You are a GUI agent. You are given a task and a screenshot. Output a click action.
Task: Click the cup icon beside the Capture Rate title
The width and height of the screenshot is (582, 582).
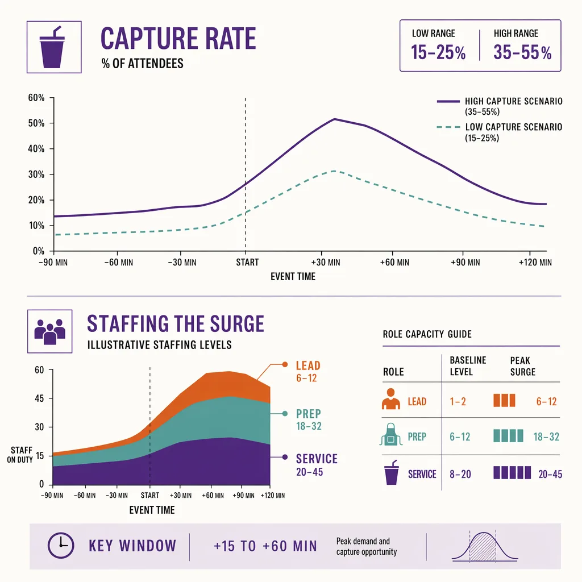point(52,47)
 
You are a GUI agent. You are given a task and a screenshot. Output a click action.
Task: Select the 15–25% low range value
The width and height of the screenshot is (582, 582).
point(438,52)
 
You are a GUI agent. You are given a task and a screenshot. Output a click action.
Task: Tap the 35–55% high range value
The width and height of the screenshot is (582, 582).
point(522,52)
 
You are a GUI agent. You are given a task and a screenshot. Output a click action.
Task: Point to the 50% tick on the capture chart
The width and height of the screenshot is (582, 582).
point(36,123)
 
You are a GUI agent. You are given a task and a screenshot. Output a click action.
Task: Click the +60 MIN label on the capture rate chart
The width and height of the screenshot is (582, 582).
point(394,263)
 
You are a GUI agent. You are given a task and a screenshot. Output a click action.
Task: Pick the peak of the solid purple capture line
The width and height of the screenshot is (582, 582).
point(334,119)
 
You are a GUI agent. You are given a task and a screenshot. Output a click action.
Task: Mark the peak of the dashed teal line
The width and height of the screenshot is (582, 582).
point(334,171)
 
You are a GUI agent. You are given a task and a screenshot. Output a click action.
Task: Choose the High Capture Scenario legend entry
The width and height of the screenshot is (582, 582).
point(500,106)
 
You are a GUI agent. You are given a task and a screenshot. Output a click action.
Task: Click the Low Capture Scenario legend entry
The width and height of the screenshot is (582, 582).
point(500,132)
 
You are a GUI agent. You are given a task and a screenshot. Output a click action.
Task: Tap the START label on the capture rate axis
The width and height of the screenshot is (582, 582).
point(247,263)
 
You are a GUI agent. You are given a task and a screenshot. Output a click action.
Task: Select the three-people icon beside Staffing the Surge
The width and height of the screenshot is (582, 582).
point(50,331)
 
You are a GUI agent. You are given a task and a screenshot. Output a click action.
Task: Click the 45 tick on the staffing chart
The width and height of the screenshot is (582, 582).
point(39,398)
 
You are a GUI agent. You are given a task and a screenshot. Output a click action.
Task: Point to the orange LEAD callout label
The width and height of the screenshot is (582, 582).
point(308,365)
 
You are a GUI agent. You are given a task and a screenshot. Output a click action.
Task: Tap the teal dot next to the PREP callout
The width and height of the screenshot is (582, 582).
point(285,414)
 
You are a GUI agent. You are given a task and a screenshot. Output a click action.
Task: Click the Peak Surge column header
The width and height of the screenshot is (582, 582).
point(523,366)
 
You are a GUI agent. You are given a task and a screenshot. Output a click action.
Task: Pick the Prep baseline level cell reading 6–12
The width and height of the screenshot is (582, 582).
point(460,437)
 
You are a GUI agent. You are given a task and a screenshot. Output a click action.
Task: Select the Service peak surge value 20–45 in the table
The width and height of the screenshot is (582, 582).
point(550,475)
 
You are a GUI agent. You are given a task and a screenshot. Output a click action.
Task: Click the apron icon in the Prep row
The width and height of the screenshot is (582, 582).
point(391,434)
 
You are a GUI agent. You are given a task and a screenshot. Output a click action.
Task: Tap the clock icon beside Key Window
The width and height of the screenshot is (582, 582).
point(61,545)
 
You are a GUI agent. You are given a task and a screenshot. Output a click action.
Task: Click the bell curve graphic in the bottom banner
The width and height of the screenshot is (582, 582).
point(484,546)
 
